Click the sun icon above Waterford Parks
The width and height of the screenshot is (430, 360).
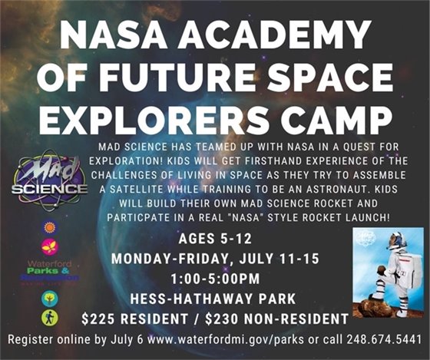click(x=49, y=228)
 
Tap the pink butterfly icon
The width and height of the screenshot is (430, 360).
click(x=49, y=247)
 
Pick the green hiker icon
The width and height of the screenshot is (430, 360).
click(x=49, y=316)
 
